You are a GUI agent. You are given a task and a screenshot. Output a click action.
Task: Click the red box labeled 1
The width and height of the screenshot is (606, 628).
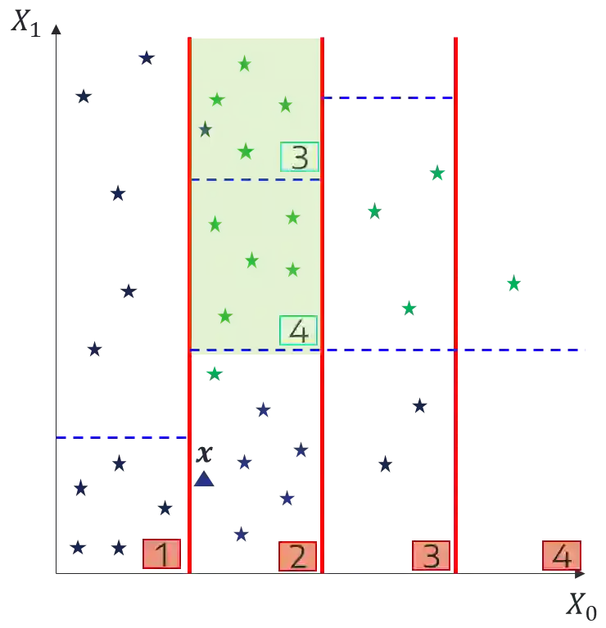161,554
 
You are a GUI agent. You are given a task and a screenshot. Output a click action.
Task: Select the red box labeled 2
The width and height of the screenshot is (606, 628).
297,557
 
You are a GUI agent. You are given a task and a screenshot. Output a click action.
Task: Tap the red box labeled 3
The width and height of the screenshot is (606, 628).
431,555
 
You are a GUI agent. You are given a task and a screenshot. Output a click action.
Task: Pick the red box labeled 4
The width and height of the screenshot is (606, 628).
561,555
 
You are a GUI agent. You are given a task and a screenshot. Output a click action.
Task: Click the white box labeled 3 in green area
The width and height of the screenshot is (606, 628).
299,157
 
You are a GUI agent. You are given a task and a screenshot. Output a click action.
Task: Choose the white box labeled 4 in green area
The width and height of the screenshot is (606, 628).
298,332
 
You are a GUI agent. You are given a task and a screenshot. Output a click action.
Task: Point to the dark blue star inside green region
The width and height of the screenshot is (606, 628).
206,129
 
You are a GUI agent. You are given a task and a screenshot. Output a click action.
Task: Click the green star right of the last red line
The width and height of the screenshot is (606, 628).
513,283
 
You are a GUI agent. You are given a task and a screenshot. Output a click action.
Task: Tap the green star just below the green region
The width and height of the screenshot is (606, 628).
214,374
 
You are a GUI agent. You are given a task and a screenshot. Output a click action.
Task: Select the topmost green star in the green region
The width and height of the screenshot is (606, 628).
244,64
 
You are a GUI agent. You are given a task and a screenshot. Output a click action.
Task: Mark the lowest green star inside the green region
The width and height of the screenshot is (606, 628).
225,315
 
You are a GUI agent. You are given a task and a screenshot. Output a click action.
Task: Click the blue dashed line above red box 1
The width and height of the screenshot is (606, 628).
121,436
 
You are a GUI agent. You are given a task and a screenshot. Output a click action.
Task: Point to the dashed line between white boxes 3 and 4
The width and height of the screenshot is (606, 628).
254,179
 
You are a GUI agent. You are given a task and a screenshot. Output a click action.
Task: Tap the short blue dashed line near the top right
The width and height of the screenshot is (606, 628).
388,97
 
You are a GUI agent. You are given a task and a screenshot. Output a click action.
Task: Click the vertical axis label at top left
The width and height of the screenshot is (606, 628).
25,20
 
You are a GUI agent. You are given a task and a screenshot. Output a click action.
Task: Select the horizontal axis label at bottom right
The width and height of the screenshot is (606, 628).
583,605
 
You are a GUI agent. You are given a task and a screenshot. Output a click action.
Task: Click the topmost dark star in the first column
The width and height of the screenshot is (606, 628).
147,57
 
